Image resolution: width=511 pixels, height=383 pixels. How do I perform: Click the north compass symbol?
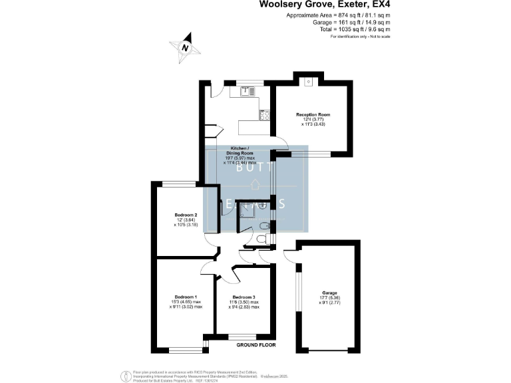[185, 46]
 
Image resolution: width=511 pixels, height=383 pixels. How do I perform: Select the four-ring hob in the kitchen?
[264, 114]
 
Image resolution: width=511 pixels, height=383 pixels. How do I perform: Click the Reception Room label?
[313, 114]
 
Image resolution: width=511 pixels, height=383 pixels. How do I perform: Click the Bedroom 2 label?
[186, 215]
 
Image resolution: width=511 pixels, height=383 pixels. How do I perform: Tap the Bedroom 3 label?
[245, 297]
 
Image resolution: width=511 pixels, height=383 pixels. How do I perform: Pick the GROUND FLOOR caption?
[256, 345]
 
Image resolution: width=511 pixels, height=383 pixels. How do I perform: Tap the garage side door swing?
[291, 255]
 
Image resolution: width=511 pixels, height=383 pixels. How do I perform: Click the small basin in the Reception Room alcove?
[310, 84]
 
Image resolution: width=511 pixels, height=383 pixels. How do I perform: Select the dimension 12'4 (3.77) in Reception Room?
[313, 119]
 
